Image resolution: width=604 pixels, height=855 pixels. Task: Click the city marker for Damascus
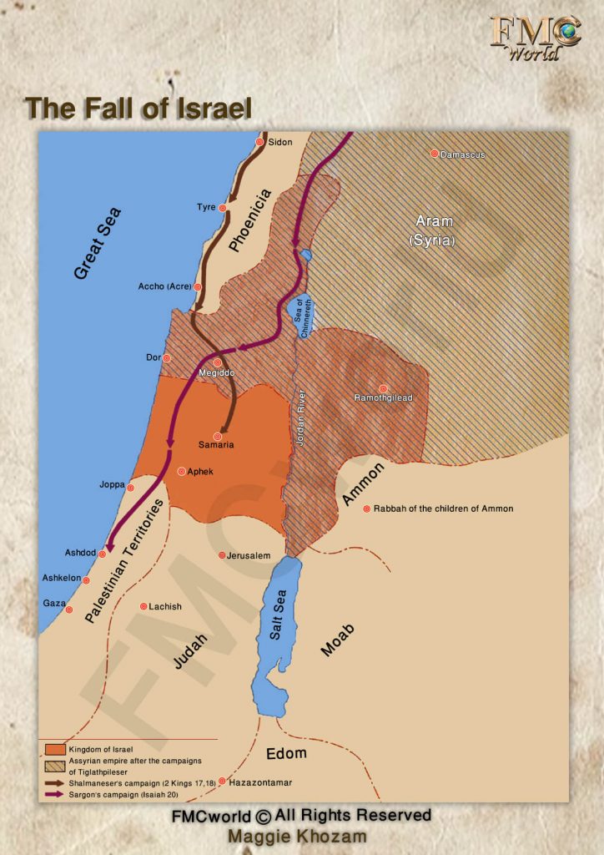(x=434, y=154)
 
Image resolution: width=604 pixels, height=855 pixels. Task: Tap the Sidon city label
(x=280, y=142)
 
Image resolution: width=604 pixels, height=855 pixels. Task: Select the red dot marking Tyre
(x=223, y=208)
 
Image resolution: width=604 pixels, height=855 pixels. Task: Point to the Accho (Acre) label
(x=165, y=286)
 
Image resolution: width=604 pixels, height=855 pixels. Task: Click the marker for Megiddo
(x=218, y=362)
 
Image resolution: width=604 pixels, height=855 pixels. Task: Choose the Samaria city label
(x=216, y=445)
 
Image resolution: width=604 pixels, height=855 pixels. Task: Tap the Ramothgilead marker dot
(x=383, y=388)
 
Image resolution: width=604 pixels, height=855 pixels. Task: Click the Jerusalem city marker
(x=221, y=555)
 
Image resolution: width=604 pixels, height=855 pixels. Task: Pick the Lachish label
(x=164, y=606)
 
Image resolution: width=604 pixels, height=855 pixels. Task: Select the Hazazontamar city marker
(x=222, y=782)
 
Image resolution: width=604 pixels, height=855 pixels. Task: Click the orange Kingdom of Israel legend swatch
(x=55, y=749)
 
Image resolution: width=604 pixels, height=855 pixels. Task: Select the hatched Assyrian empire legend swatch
(x=55, y=764)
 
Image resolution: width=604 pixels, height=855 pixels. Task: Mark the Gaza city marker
(x=68, y=610)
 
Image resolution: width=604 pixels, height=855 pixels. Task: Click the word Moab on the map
(x=337, y=639)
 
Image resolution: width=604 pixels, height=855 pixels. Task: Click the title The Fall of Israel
(x=138, y=109)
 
